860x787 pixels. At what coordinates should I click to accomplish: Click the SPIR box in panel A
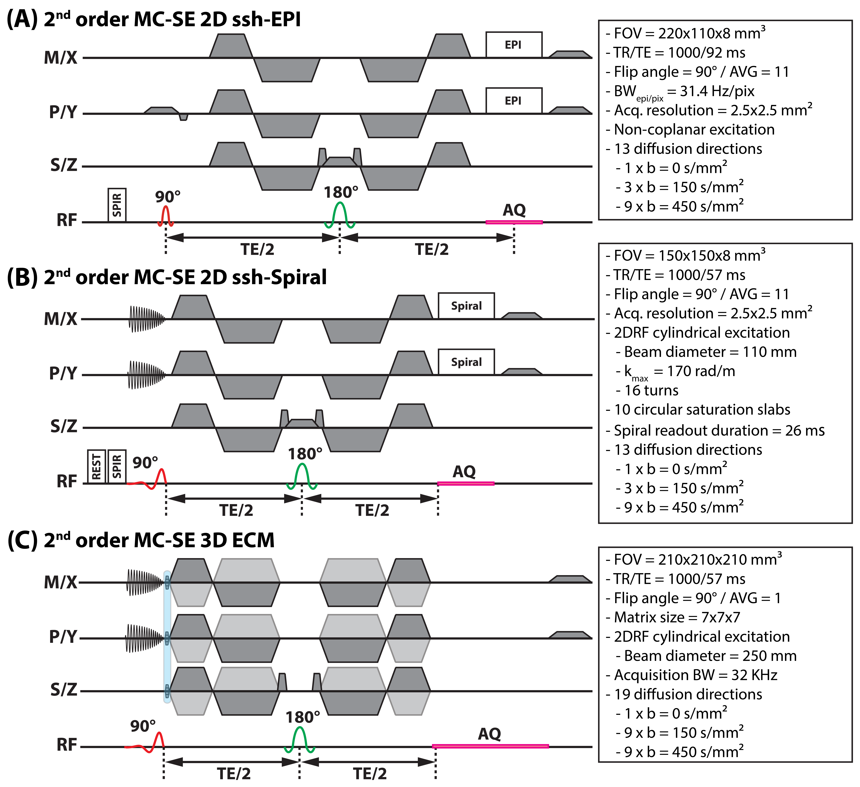click(117, 205)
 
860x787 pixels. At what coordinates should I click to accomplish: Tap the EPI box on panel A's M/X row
click(514, 45)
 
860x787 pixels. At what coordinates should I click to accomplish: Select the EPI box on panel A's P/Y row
click(514, 101)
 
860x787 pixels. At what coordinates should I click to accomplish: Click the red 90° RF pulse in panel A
click(166, 216)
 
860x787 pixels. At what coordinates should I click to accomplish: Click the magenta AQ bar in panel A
click(514, 222)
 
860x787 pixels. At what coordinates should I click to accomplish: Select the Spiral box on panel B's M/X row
click(466, 306)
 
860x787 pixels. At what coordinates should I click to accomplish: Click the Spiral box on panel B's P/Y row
click(466, 362)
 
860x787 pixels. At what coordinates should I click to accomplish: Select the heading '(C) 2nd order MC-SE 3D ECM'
click(141, 540)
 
